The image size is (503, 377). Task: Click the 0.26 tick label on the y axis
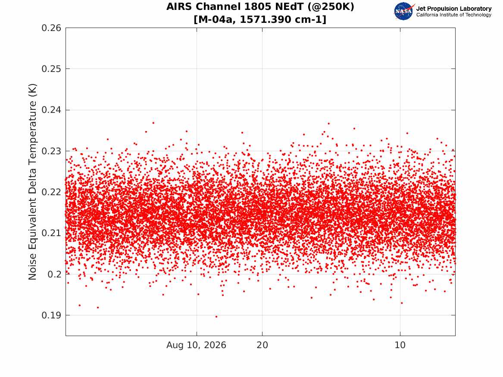tap(51, 28)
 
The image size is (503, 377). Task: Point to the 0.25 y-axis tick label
tap(51, 69)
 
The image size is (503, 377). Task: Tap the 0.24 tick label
tap(51, 110)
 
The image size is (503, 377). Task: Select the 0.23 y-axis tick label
tap(51, 151)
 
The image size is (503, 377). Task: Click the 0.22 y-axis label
tap(51, 192)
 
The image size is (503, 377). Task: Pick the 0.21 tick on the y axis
tap(51, 233)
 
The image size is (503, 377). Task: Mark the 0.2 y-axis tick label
tap(54, 274)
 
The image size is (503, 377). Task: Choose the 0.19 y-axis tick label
tap(51, 315)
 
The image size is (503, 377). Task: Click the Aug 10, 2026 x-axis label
tap(196, 345)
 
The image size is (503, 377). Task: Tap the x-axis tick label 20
tap(262, 345)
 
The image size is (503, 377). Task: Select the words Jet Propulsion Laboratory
tap(454, 9)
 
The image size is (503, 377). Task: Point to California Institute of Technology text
tap(454, 15)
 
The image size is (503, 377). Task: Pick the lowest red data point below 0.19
tap(216, 317)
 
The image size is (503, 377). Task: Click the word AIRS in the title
tap(180, 7)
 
